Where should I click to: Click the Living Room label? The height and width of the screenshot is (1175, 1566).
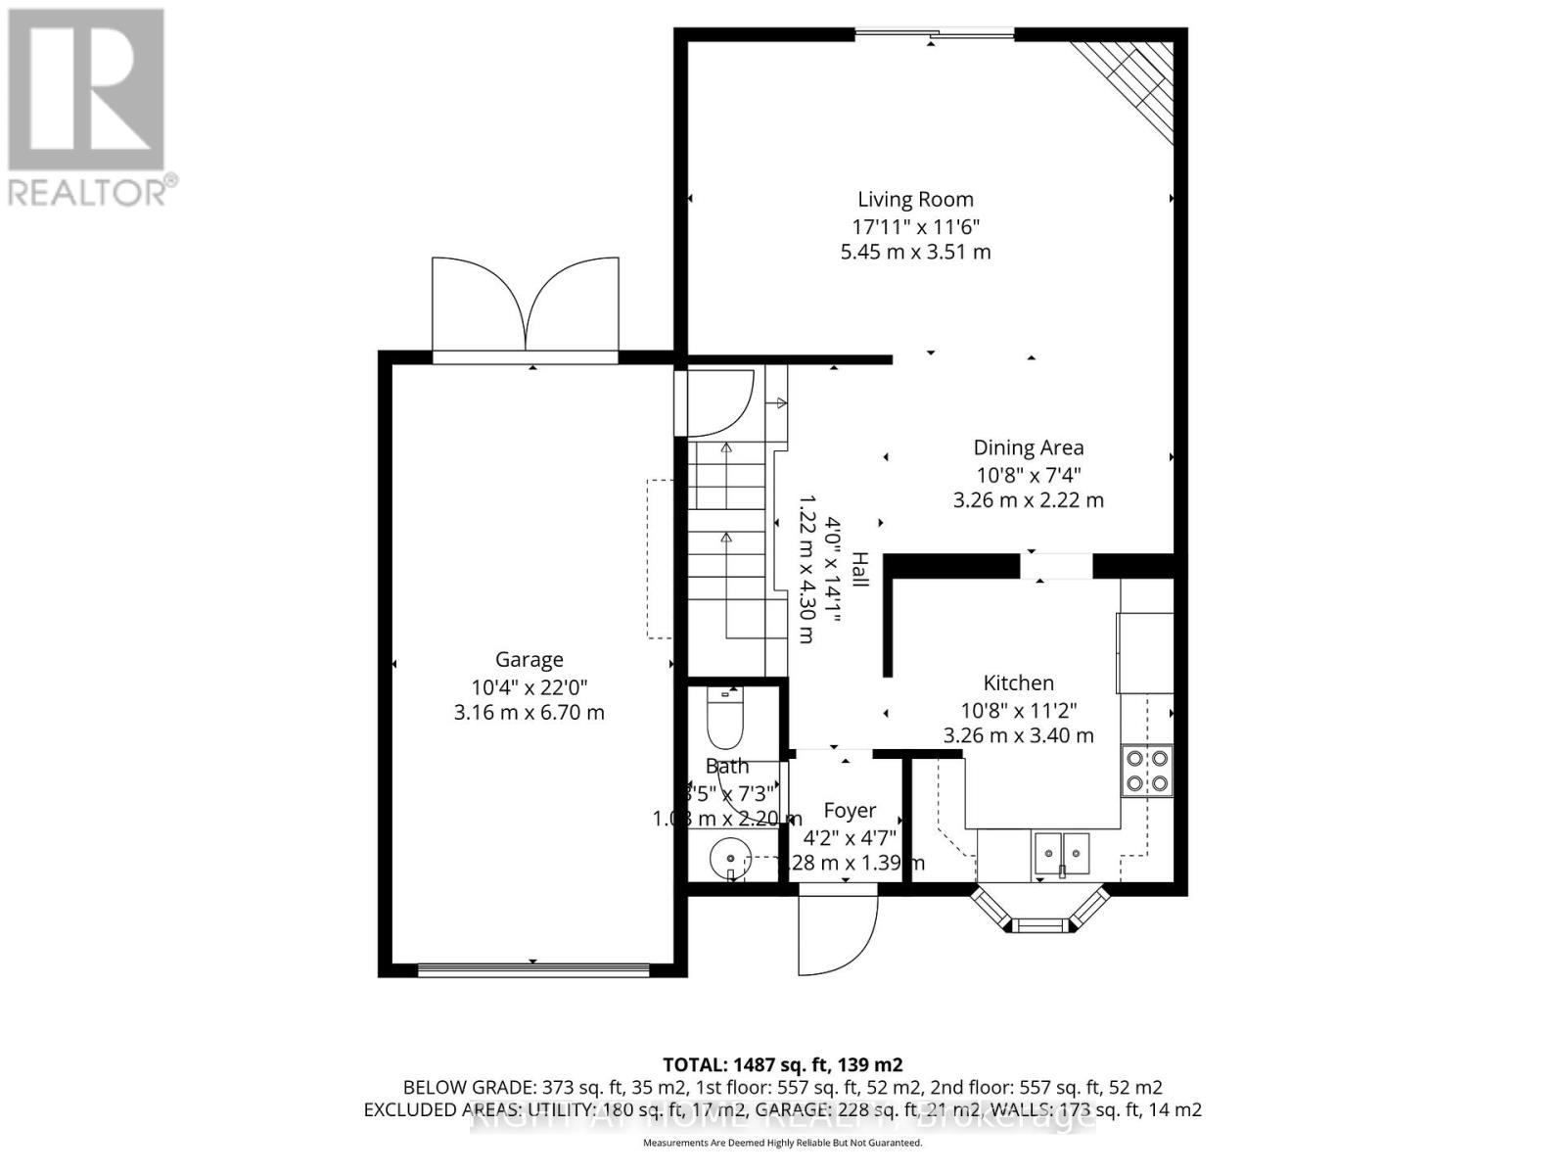915,200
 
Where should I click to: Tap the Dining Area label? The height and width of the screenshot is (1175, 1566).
1028,447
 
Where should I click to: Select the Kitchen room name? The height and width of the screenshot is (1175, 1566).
1018,682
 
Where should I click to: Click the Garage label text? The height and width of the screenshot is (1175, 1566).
529,660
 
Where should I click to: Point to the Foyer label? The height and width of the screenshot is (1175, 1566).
849,811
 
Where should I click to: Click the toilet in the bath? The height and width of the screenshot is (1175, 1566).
725,719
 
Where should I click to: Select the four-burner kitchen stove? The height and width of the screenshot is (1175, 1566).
1147,770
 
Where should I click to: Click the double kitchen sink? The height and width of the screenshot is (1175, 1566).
1062,853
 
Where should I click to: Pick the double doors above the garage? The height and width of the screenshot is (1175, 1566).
526,305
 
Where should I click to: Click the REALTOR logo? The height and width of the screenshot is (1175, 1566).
88,108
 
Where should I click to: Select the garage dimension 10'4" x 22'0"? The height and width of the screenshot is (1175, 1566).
529,686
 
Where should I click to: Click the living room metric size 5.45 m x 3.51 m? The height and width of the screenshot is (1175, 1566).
915,252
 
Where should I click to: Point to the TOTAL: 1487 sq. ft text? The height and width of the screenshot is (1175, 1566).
782,1064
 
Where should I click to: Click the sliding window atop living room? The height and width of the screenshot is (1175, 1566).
935,35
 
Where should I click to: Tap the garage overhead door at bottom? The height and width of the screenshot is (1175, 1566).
532,970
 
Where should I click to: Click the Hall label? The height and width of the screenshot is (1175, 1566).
859,570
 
